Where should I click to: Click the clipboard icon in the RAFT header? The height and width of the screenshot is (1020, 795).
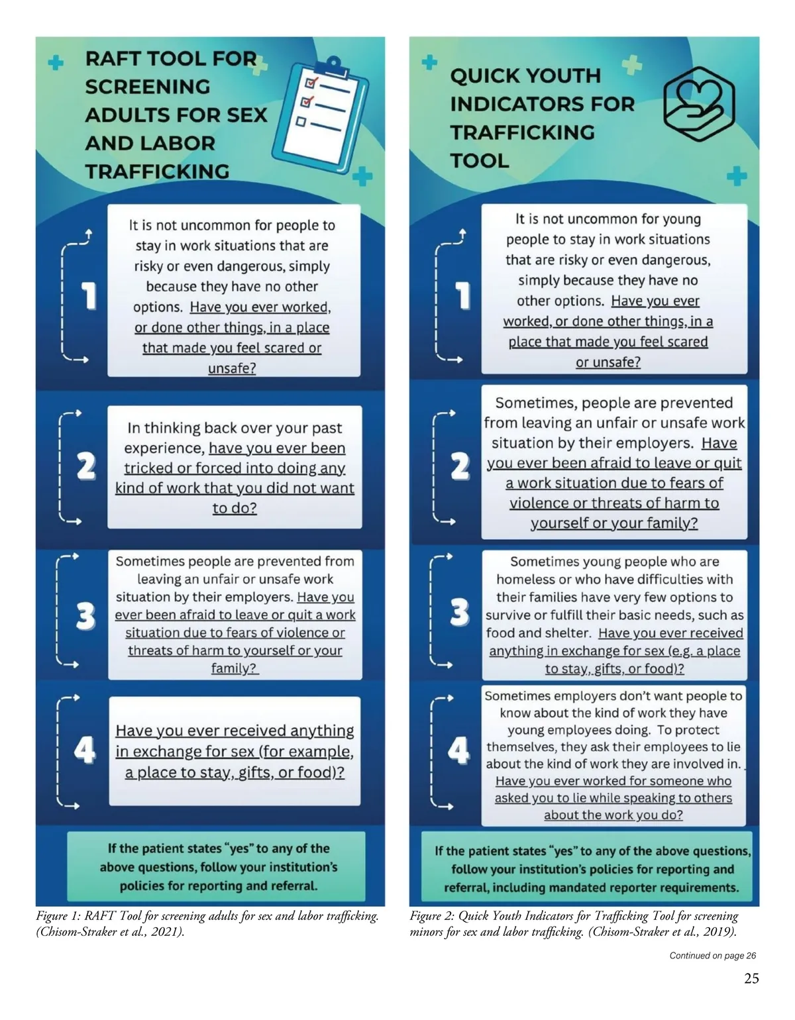tap(321, 110)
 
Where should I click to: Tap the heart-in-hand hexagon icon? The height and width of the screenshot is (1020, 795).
tap(699, 105)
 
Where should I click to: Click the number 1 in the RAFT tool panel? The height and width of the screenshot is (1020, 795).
tap(88, 295)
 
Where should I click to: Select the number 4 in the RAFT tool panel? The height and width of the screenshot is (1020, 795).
tap(85, 751)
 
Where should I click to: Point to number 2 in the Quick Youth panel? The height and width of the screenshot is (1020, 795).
tap(460, 466)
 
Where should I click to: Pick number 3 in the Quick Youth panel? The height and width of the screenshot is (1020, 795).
tap(460, 613)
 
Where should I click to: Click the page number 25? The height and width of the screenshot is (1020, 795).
tap(751, 979)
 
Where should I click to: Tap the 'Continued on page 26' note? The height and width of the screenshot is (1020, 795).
tap(712, 955)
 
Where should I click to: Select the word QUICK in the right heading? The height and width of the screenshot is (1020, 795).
tap(486, 76)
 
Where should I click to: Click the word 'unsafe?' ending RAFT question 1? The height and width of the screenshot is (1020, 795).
tap(232, 368)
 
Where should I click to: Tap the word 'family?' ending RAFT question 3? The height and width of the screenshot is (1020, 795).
tap(234, 668)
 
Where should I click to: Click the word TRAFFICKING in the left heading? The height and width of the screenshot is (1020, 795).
tap(157, 172)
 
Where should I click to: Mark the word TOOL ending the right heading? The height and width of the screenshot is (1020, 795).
tap(480, 161)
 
